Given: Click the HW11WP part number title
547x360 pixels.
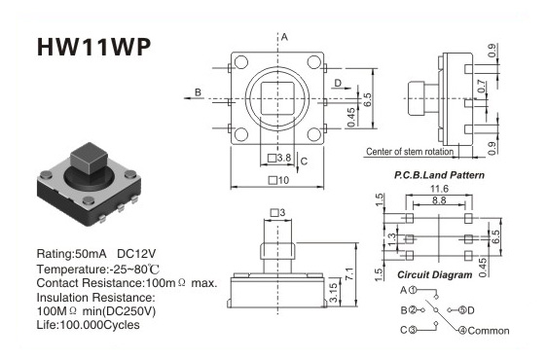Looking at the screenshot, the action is click(x=93, y=47).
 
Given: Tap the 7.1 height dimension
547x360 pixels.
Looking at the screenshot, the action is click(x=349, y=273).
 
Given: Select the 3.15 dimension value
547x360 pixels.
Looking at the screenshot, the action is click(x=334, y=292).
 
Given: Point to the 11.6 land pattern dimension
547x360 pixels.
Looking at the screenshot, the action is click(x=439, y=189).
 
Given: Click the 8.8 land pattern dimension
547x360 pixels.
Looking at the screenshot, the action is click(x=439, y=200).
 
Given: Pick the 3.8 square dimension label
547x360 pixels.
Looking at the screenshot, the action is click(x=279, y=158).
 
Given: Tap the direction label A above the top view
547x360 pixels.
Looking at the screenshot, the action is click(x=284, y=37).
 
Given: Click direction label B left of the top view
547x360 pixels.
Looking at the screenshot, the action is click(x=198, y=92).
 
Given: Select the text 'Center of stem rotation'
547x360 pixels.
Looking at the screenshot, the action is click(x=410, y=152).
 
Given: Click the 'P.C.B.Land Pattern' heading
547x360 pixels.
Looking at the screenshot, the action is click(x=439, y=175).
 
